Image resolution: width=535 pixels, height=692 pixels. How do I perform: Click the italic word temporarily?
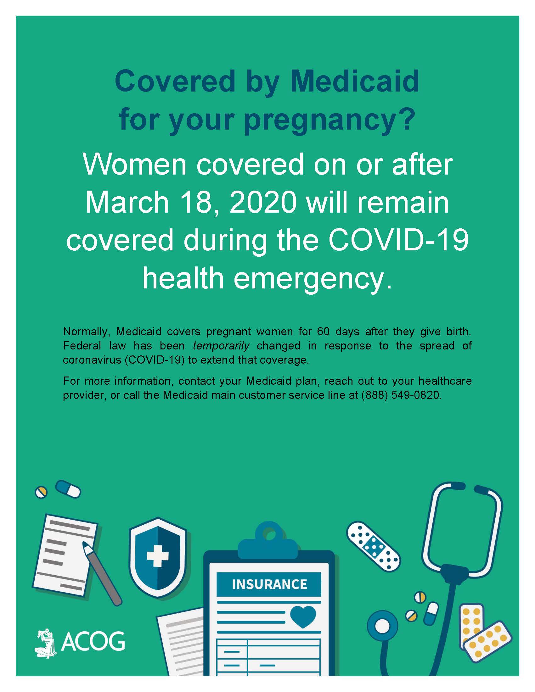point(221,345)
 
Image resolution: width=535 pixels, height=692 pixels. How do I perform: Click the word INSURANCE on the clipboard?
point(269,584)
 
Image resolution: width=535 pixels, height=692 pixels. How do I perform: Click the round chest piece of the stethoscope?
point(383,626)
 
